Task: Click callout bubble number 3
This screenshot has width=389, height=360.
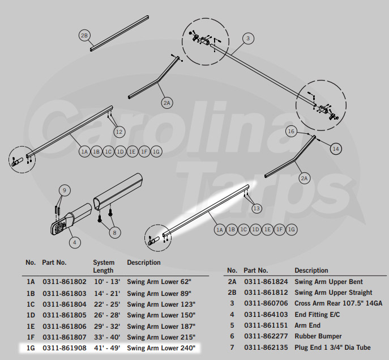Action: [x=248, y=39]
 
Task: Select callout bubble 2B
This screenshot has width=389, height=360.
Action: [x=84, y=36]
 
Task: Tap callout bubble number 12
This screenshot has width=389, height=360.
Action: [x=118, y=132]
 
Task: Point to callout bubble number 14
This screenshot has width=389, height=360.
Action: [x=336, y=148]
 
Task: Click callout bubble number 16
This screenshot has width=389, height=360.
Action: [x=291, y=131]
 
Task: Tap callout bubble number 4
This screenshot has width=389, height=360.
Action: [x=74, y=242]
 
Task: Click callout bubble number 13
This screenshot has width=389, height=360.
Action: [x=257, y=209]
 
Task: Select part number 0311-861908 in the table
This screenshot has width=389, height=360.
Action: [x=65, y=348]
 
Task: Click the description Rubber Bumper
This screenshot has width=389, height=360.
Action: [x=318, y=336]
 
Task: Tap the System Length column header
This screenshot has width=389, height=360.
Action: [x=104, y=266]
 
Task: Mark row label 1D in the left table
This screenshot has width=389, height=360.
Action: [x=31, y=315]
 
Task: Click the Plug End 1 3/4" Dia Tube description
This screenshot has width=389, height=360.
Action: [x=333, y=347]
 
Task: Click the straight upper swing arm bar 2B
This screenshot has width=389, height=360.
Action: [x=119, y=33]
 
